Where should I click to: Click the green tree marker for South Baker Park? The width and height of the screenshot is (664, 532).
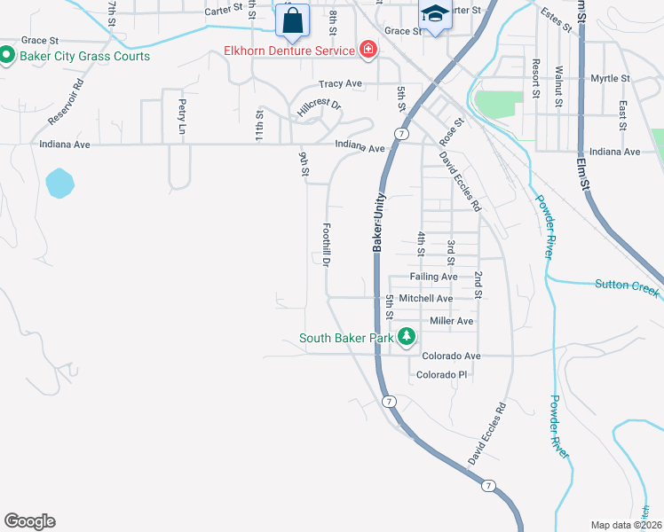407,337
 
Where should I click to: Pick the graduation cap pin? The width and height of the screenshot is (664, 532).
434,15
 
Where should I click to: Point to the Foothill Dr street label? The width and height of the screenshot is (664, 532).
327,246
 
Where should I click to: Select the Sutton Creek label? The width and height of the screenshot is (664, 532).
628,285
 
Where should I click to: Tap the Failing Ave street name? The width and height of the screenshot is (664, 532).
433,277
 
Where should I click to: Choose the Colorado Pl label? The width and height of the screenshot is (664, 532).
441,375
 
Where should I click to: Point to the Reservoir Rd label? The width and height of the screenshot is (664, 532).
66,102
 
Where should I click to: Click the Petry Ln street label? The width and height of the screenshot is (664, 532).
182,112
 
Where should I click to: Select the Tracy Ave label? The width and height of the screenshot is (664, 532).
342,84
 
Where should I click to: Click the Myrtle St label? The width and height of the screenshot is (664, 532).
610,79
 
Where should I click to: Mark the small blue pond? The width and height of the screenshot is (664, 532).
59,183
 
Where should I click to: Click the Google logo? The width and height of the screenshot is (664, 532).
29,521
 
